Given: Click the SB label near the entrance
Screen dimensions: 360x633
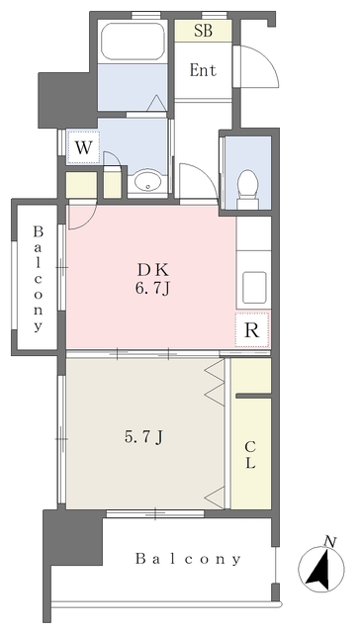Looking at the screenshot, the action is [x=203, y=31].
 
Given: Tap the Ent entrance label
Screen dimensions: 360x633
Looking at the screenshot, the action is [x=203, y=70].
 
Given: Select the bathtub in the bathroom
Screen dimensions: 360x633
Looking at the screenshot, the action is [x=132, y=42].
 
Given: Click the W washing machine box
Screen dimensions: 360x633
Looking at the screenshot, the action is [x=83, y=147].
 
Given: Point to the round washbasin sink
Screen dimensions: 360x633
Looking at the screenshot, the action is [x=147, y=182].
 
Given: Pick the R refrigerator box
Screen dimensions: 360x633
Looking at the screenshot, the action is [x=252, y=330].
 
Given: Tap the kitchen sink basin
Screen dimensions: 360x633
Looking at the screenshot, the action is [x=254, y=288].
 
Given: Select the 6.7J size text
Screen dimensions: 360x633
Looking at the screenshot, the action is [x=151, y=289].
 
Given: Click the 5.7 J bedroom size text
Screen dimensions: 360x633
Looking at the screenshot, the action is [x=143, y=437].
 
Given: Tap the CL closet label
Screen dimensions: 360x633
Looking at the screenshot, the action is [x=250, y=455].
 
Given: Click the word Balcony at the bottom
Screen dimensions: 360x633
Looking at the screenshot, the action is [x=188, y=559].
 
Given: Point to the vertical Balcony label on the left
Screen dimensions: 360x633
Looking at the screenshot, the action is [x=38, y=279].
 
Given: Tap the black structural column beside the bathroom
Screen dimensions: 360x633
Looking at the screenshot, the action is [x=68, y=100].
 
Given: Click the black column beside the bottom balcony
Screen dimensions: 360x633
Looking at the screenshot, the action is [x=72, y=537].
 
